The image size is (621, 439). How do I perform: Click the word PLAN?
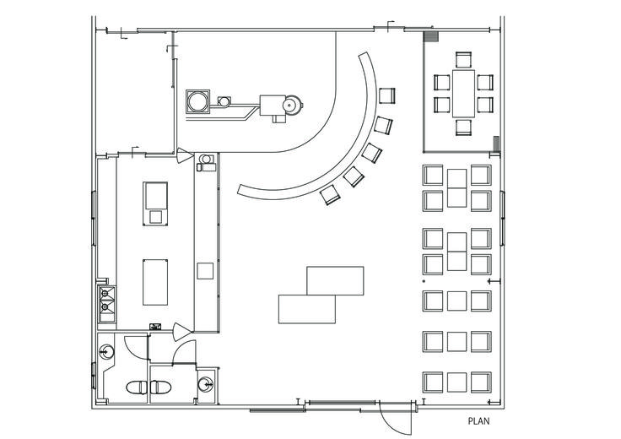(x=478, y=420)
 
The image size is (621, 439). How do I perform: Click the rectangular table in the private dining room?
(x=463, y=93)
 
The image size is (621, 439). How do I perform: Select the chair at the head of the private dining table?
(x=463, y=59)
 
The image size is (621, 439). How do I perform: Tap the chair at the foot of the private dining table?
(x=463, y=127)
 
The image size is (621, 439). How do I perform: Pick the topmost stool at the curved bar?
(x=387, y=96)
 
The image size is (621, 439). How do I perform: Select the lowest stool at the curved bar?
(x=330, y=195)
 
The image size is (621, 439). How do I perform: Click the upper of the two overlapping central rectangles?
(x=335, y=280)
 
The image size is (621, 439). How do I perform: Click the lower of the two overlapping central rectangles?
(x=307, y=309)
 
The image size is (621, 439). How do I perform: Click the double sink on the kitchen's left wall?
(x=106, y=304)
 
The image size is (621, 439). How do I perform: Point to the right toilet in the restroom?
(x=160, y=388)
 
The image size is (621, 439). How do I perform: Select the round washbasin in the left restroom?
(x=106, y=351)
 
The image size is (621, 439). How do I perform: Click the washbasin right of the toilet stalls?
(x=206, y=383)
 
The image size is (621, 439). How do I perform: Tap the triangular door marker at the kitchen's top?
(x=185, y=155)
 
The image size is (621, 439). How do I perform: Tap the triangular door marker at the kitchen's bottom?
(x=182, y=332)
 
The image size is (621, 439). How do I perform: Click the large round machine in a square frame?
(x=198, y=101)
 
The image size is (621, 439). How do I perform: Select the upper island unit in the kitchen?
(x=155, y=203)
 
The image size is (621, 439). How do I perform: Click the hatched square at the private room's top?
(x=431, y=37)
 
